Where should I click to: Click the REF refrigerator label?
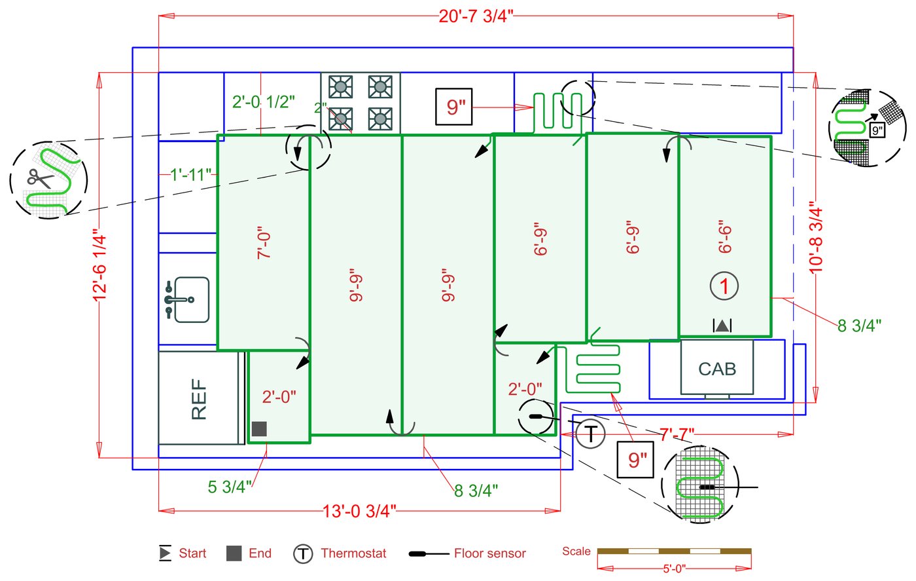199,399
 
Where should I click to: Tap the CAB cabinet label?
717,369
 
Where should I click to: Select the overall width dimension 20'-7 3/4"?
476,16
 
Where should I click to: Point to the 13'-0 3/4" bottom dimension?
359,511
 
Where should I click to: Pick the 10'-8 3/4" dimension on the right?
816,236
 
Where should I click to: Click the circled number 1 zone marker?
724,286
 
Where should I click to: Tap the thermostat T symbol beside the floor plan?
590,434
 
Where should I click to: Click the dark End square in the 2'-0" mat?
259,429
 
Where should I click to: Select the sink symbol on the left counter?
187,299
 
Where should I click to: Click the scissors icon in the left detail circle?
35,178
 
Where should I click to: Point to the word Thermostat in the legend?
353,553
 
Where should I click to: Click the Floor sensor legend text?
489,553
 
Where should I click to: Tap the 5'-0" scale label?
674,569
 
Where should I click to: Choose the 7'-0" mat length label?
264,244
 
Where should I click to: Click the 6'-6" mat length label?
724,236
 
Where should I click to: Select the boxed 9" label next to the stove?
454,106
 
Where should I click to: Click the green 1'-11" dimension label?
191,175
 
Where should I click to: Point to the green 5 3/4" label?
230,487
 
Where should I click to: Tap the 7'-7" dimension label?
676,434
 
